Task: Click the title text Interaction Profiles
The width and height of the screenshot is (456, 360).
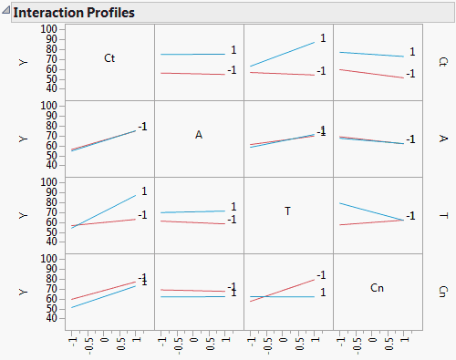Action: pyautogui.click(x=74, y=13)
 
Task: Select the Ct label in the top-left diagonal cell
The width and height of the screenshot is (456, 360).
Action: pyautogui.click(x=109, y=59)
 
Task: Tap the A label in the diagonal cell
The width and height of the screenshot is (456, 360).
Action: pyautogui.click(x=199, y=135)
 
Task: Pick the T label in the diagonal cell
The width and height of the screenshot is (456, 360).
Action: pyautogui.click(x=288, y=211)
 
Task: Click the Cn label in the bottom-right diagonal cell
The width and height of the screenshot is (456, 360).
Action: pyautogui.click(x=378, y=288)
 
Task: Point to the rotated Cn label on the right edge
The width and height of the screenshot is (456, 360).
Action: pyautogui.click(x=443, y=292)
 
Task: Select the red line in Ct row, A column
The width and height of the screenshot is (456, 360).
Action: pyautogui.click(x=192, y=73)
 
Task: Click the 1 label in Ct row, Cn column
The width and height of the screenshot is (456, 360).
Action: pyautogui.click(x=412, y=52)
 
